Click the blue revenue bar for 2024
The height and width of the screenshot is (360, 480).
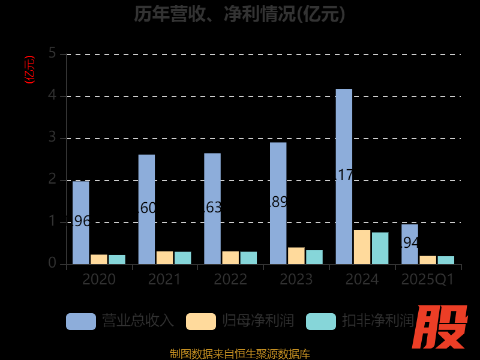(x=344, y=176)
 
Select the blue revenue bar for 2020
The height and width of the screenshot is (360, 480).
(x=81, y=223)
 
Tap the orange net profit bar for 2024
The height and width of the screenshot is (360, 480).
(x=362, y=247)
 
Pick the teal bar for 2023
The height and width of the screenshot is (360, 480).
(x=314, y=257)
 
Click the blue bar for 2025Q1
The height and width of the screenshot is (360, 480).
(x=410, y=244)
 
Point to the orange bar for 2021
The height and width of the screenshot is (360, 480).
(x=164, y=257)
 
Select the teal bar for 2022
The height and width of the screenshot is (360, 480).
(x=248, y=257)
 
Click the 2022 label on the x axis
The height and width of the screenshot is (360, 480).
(x=230, y=280)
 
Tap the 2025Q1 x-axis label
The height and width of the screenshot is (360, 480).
(x=428, y=280)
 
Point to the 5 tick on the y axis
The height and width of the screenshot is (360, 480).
(x=52, y=54)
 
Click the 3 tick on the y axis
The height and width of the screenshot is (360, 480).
(x=52, y=138)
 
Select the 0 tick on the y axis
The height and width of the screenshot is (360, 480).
(x=52, y=264)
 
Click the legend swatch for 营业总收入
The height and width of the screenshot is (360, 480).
(x=81, y=321)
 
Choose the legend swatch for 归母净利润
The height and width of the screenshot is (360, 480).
(x=201, y=321)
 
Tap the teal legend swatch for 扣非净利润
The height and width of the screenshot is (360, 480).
(x=321, y=321)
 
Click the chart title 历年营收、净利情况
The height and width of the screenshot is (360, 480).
(x=240, y=13)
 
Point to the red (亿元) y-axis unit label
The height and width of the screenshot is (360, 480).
(x=29, y=69)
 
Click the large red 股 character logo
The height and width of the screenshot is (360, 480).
(x=442, y=327)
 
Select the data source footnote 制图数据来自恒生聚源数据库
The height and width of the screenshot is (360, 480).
(x=240, y=354)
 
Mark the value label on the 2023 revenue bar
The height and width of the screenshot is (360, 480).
(x=278, y=202)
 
